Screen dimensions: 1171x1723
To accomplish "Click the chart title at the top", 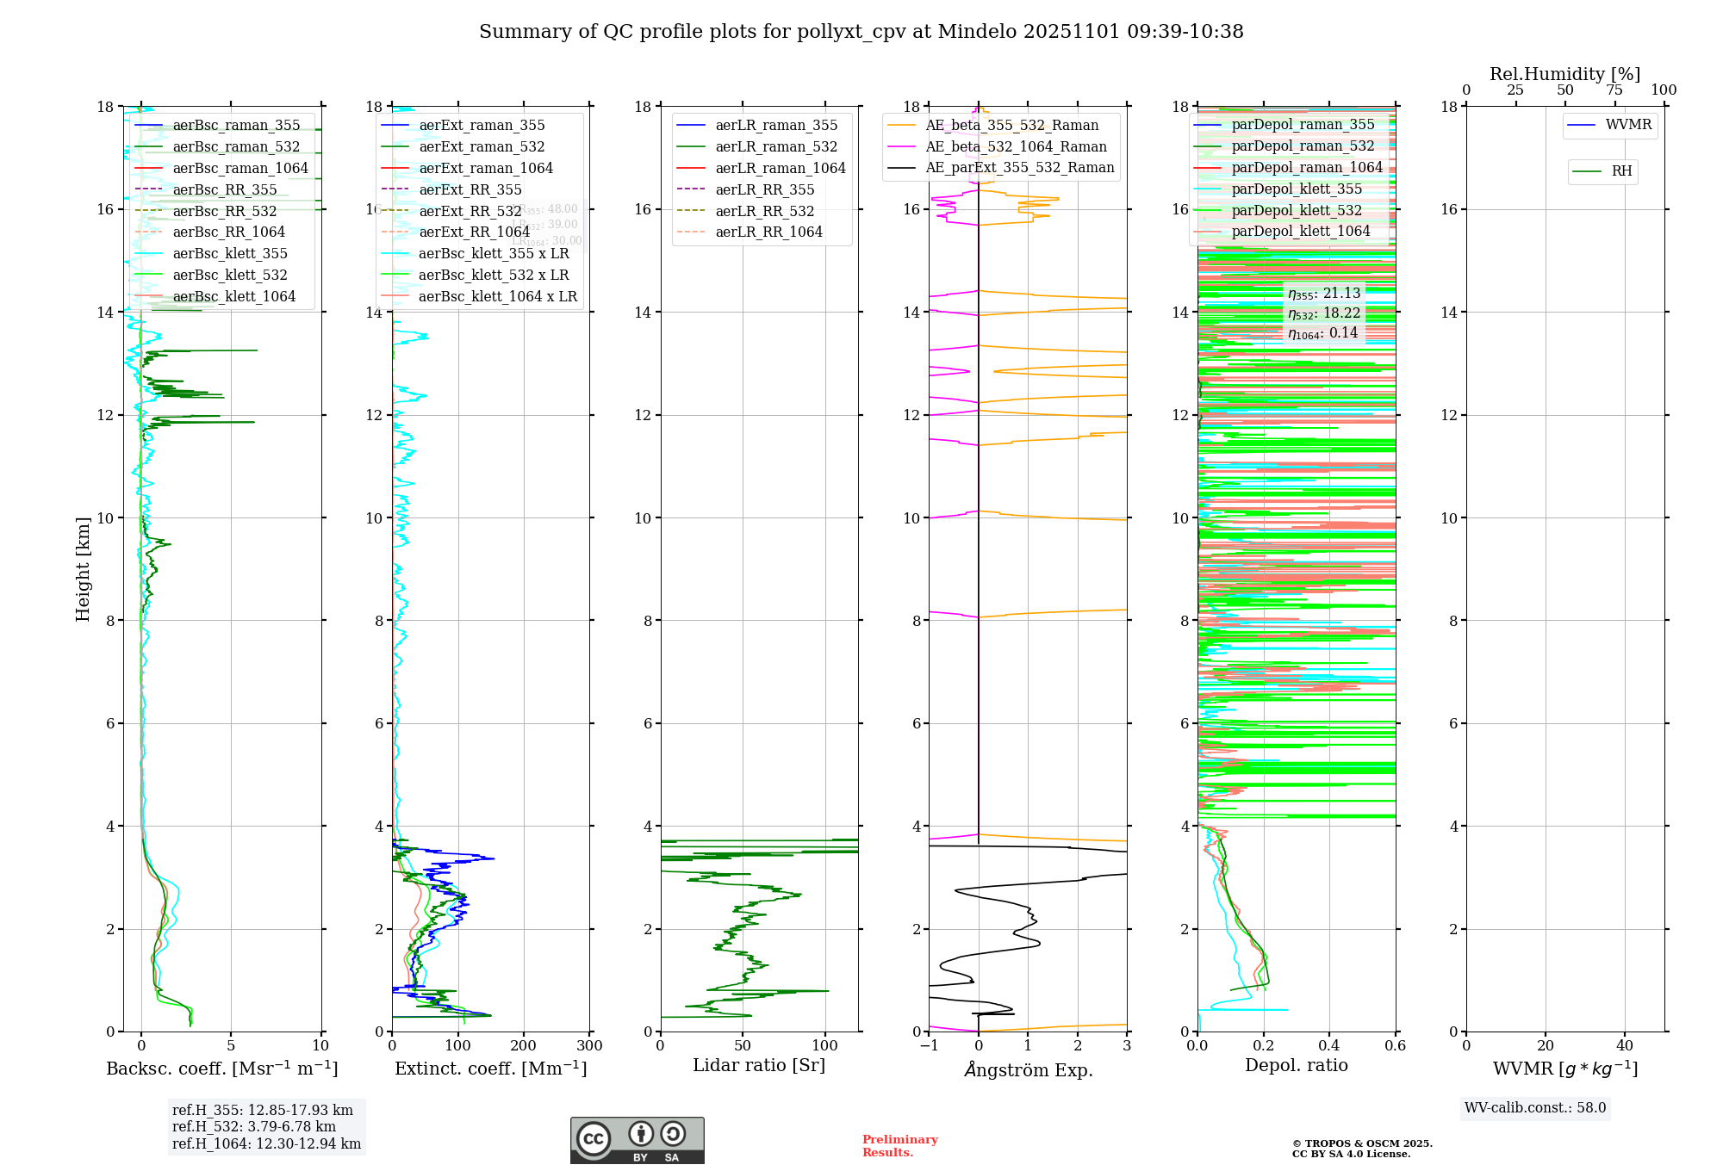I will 861,32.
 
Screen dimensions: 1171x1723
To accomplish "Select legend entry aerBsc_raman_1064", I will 239,168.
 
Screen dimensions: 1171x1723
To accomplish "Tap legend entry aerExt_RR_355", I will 470,189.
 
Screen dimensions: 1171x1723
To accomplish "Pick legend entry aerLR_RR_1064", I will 768,232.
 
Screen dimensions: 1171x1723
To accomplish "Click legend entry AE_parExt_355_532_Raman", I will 1019,167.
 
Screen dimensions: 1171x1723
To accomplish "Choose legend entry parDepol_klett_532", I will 1297,210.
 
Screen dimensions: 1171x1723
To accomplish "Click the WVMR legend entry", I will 1627,125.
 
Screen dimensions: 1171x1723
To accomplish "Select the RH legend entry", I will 1621,171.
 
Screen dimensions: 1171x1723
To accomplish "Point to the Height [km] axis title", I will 83,568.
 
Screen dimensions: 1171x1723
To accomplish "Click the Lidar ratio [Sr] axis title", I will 758,1065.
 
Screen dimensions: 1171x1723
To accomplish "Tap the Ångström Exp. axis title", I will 1028,1069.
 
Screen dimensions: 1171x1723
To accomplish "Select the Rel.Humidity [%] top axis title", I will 1564,74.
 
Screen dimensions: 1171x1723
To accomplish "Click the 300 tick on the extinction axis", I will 589,1046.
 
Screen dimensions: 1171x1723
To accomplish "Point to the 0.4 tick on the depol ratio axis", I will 1329,1046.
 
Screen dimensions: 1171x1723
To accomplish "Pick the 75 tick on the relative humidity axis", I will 1614,90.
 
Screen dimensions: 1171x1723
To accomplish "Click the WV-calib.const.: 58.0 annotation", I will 1534,1107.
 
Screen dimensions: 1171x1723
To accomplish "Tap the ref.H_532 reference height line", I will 253,1126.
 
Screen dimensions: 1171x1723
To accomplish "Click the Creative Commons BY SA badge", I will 637,1140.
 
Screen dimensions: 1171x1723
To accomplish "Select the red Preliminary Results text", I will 899,1145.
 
